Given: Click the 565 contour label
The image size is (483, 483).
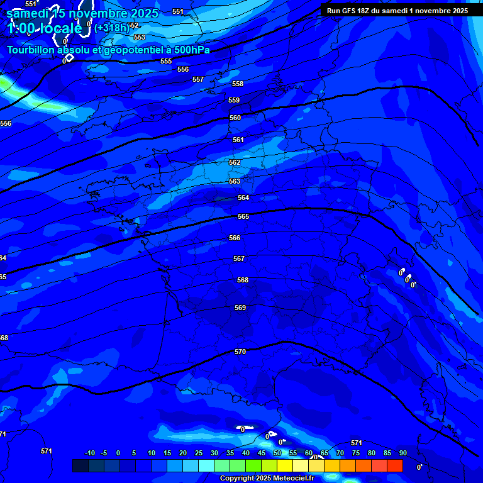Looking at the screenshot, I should click(243, 216).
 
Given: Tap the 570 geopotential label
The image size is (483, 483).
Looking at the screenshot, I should click(240, 352).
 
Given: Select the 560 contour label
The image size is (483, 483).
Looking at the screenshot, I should click(235, 118).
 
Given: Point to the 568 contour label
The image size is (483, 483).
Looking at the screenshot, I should click(243, 280).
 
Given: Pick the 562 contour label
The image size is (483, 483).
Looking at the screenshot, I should click(235, 162).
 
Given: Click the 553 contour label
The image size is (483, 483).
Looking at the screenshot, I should click(140, 37).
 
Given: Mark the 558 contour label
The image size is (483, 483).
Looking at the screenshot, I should click(238, 84).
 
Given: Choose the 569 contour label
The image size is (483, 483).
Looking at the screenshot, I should click(240, 308).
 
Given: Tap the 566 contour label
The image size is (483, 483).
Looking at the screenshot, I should click(235, 238).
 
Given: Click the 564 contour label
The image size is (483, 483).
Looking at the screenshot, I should click(243, 197).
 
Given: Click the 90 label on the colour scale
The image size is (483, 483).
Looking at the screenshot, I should click(403, 453).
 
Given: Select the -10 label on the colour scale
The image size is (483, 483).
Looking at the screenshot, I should click(89, 453).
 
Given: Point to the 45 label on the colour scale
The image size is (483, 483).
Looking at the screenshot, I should click(262, 453).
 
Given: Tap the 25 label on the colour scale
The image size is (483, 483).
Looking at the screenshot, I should click(199, 453).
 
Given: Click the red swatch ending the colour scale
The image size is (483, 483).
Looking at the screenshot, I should click(395, 465).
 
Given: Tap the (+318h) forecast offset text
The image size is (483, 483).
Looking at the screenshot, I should click(112, 27).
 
